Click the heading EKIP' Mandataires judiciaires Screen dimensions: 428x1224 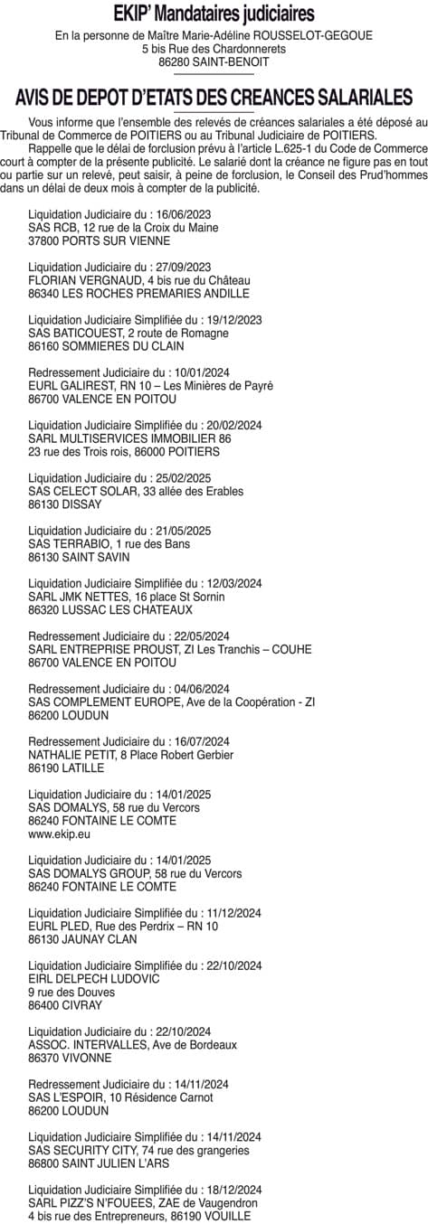tap(214, 14)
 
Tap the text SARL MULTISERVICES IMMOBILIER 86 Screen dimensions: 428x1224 tap(130, 438)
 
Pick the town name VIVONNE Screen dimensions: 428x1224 tap(84, 1057)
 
